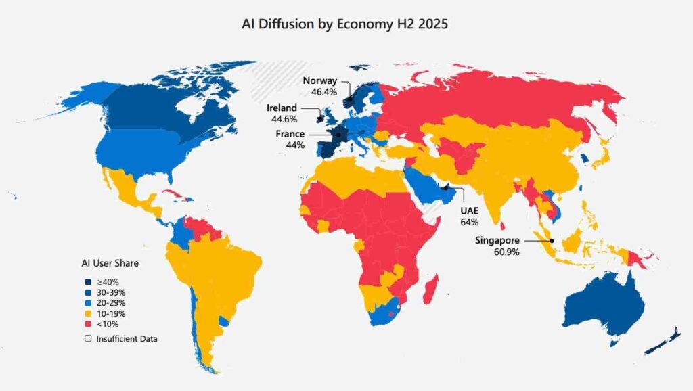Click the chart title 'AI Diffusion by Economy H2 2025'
click(345, 24)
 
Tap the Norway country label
click(320, 80)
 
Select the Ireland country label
click(282, 108)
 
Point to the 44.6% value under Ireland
click(282, 119)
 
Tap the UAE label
click(470, 210)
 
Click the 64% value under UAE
click(470, 221)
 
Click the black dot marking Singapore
click(552, 241)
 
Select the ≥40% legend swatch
click(88, 281)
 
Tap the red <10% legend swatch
click(88, 325)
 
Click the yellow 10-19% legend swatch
click(88, 314)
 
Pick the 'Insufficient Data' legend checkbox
click(88, 338)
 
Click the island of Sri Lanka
click(501, 235)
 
